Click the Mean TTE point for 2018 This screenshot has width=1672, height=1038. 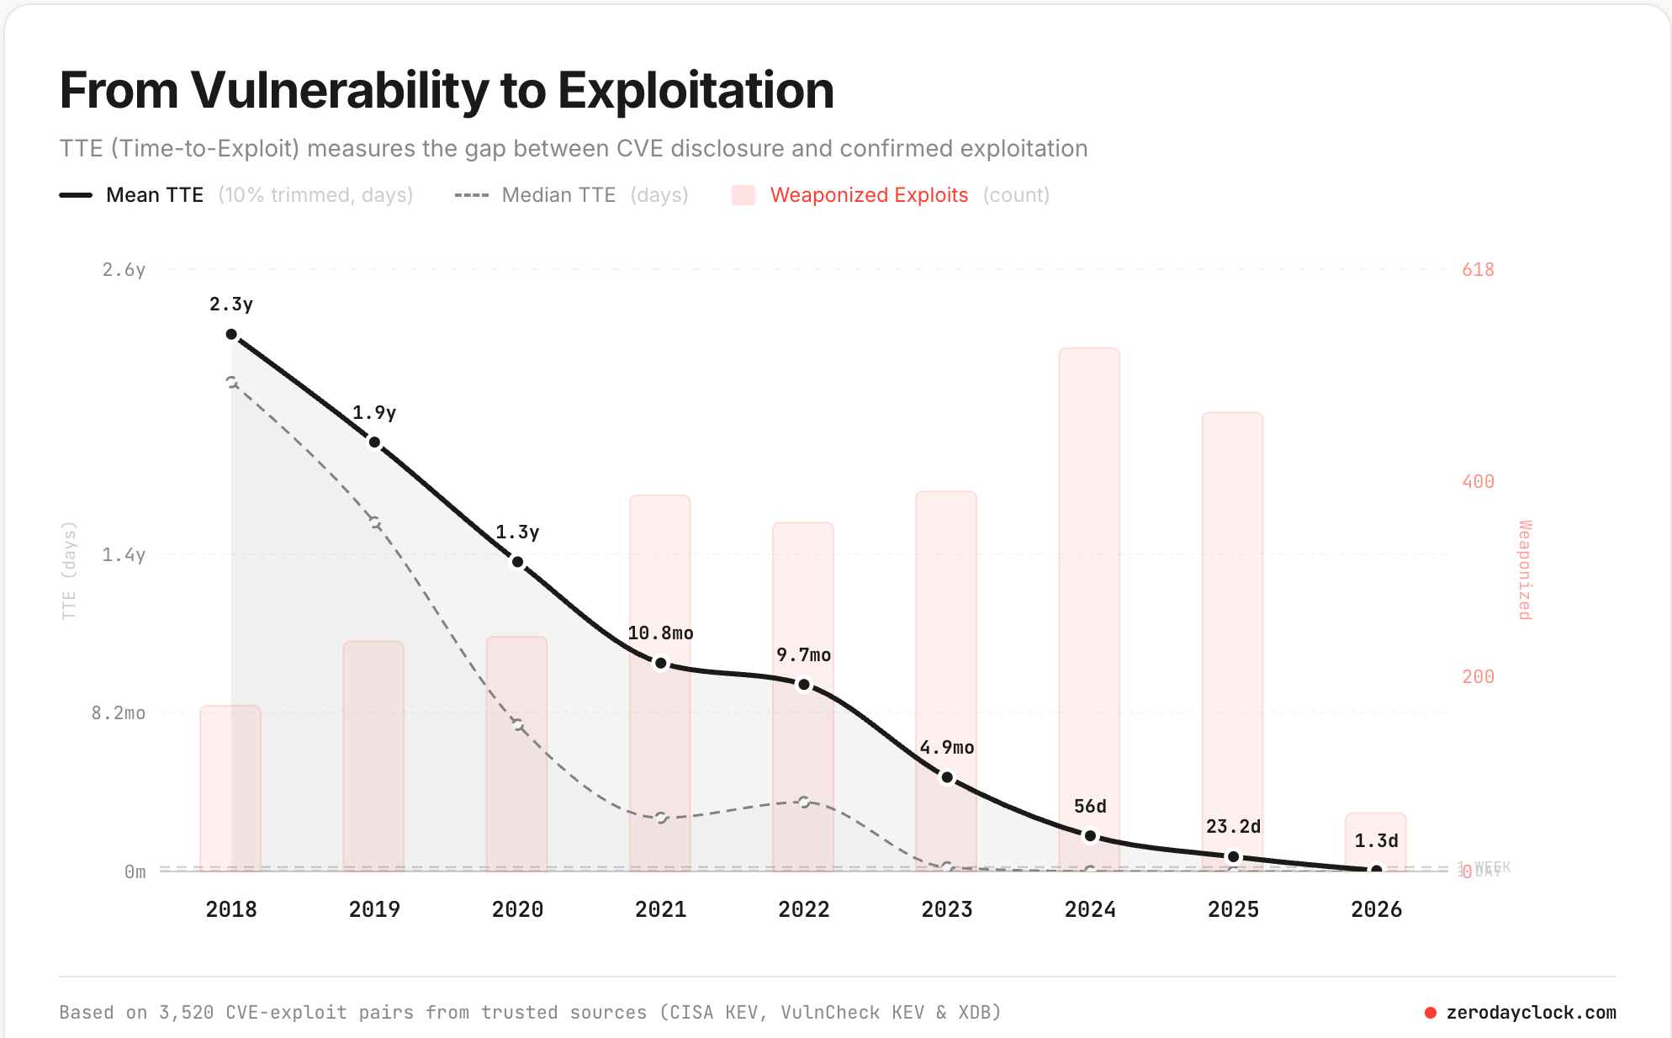231,335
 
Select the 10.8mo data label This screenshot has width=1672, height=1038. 660,633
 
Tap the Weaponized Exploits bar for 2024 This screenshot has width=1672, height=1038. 1089,589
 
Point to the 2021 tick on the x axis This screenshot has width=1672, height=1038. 660,909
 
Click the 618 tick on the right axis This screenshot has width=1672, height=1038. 1478,270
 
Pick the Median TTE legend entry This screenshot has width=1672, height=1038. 558,195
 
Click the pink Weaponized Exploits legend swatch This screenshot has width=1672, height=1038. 743,195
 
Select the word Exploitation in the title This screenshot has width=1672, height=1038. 696,90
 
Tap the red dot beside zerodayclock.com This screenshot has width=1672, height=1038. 1430,1013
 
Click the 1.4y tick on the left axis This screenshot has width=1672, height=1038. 124,555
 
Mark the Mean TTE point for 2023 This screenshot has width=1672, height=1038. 947,777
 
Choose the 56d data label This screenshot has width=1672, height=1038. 1090,807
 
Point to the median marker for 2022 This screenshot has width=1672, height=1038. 804,802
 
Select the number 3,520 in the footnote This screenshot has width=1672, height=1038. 186,1013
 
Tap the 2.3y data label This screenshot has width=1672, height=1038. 231,305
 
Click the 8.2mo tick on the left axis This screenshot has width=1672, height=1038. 119,713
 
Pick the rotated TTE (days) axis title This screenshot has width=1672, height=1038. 69,570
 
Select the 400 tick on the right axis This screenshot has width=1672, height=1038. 1478,482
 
